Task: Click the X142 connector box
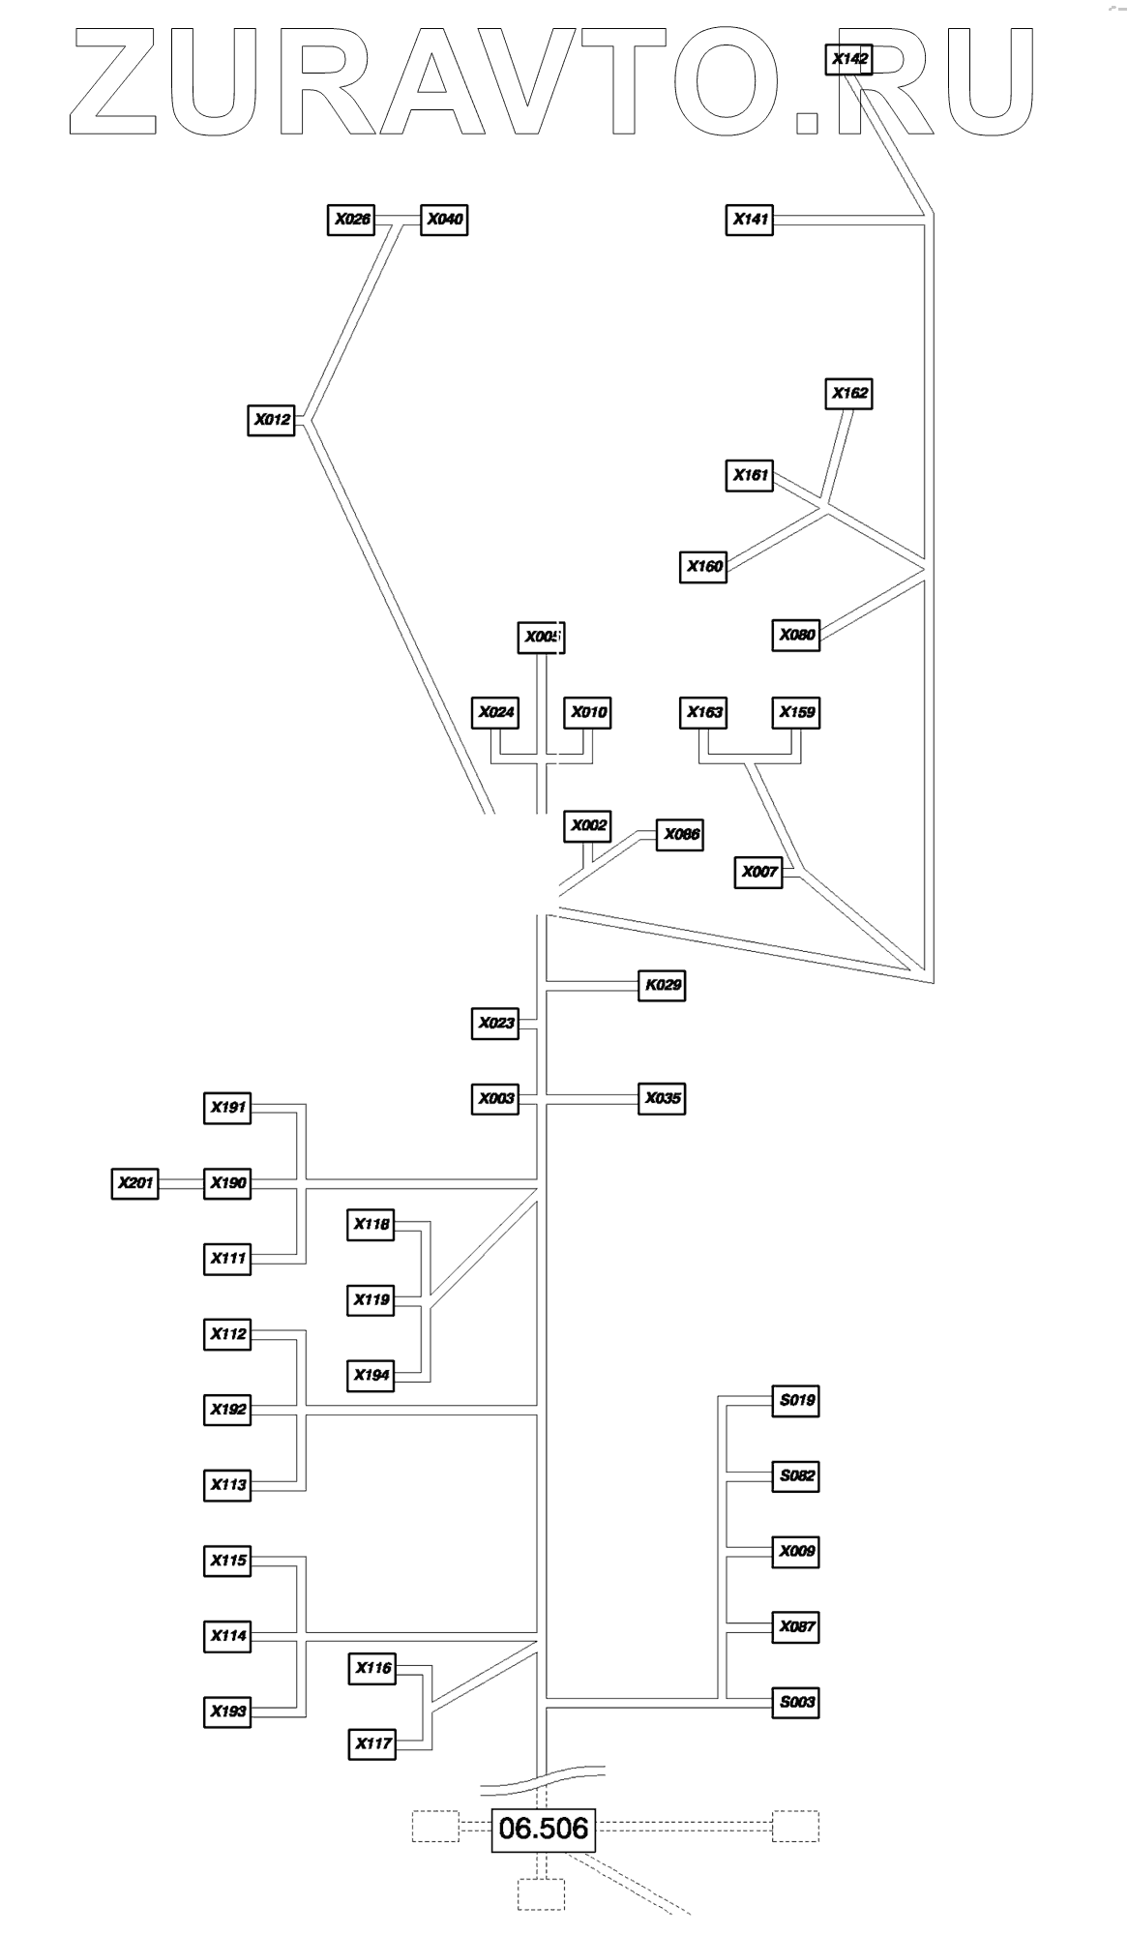[850, 59]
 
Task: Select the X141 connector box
[750, 220]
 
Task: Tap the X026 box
[352, 220]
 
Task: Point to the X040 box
[444, 220]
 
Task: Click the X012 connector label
[272, 420]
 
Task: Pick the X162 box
[850, 394]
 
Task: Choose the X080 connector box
[797, 635]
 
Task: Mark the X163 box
[704, 712]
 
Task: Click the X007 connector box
[759, 872]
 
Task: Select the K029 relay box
[663, 985]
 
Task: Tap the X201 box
[135, 1182]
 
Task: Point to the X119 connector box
[371, 1299]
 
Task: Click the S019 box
[796, 1400]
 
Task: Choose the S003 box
[796, 1702]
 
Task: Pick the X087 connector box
[796, 1626]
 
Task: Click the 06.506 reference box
[543, 1829]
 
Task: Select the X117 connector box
[372, 1743]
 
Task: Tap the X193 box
[228, 1711]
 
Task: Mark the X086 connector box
[680, 834]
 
